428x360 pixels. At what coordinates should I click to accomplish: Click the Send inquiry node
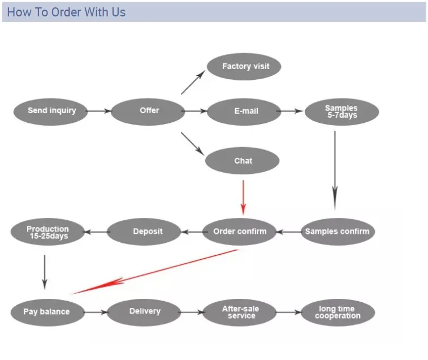click(x=51, y=111)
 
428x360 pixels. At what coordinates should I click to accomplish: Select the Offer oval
click(x=149, y=111)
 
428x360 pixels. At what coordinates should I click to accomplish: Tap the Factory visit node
click(x=245, y=67)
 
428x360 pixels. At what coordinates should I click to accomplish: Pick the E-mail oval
click(x=245, y=112)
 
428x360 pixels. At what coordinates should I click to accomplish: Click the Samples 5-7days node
click(x=341, y=112)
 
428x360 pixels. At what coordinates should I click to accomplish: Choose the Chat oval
click(x=243, y=161)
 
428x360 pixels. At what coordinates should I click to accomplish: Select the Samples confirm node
click(x=337, y=232)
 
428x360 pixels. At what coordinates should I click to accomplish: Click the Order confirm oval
click(x=240, y=232)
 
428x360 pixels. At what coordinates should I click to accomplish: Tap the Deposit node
click(x=147, y=232)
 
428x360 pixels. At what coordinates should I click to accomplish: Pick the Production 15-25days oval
click(x=48, y=232)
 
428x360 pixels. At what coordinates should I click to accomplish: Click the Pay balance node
click(x=47, y=312)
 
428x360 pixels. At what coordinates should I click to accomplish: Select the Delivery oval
click(x=145, y=311)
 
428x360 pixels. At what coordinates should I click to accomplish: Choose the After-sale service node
click(x=241, y=312)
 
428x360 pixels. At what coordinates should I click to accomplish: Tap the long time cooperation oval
click(x=338, y=312)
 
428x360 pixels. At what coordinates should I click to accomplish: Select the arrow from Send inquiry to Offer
click(x=100, y=111)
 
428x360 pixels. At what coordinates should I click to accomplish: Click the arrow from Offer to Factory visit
click(x=193, y=83)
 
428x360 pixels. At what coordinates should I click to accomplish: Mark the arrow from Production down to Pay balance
click(x=45, y=272)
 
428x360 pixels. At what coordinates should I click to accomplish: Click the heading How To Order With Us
click(x=66, y=12)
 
